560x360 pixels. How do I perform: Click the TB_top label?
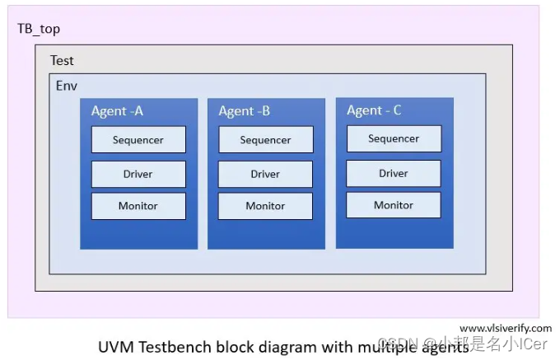39,29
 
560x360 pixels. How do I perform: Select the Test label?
62,60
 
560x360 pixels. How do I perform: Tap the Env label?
67,86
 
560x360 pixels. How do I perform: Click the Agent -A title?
117,111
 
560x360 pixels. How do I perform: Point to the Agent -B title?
245,111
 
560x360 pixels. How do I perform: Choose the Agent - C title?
375,110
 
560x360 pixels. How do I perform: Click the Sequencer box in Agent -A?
138,140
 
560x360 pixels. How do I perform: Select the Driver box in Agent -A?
138,175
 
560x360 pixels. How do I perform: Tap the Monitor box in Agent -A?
138,206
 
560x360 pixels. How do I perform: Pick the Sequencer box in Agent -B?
265,140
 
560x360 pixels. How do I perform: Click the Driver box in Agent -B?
265,175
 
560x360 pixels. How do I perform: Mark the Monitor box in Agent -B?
265,206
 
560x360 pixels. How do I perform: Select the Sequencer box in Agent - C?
394,139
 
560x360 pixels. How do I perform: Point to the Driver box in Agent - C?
394,174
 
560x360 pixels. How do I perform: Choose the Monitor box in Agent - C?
394,205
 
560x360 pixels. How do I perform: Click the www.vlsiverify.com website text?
505,328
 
